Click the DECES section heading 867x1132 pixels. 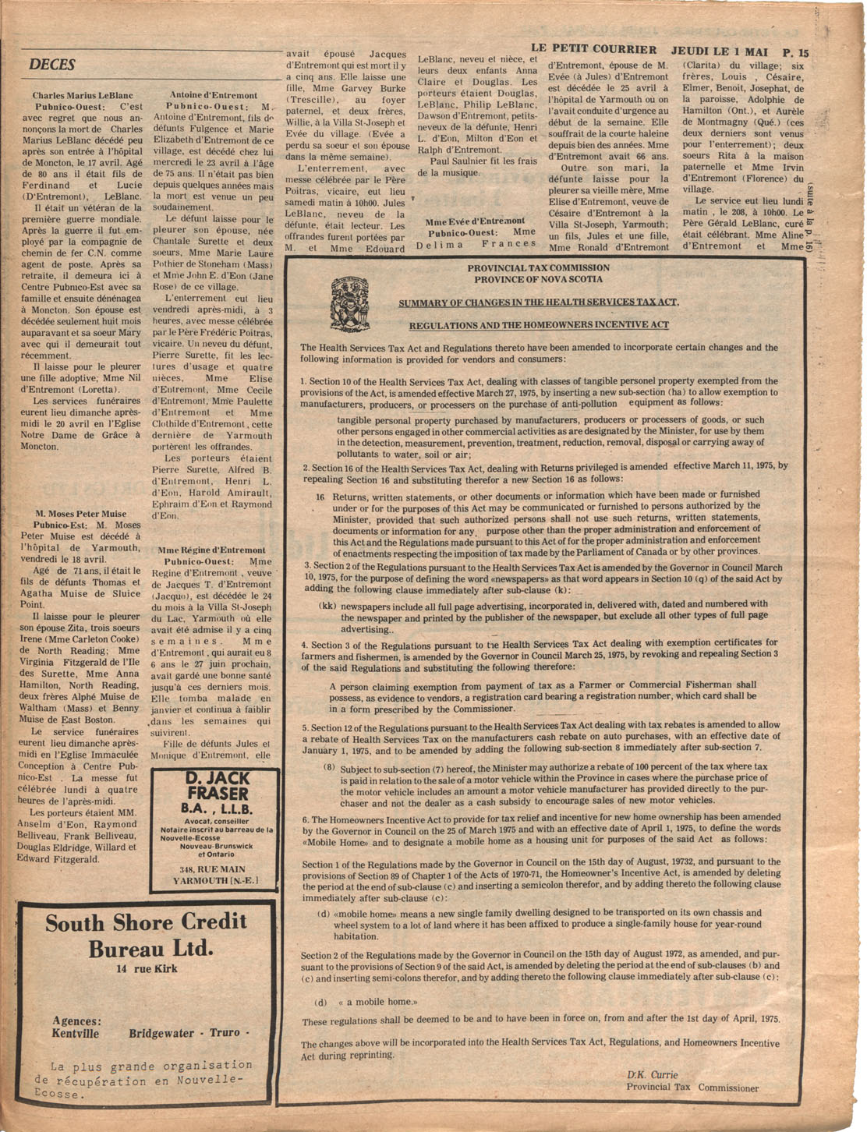[52, 65]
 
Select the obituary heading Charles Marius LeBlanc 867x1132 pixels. [83, 95]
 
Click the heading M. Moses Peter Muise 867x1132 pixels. [81, 514]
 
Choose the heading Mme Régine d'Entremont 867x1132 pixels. [211, 550]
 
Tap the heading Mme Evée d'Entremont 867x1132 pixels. [475, 221]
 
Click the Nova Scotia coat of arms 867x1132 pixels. [350, 303]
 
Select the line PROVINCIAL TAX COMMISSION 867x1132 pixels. [539, 267]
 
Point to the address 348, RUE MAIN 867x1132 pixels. [212, 869]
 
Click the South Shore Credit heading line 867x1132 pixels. [146, 922]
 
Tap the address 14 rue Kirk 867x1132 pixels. [147, 969]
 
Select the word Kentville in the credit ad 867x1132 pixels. [76, 1034]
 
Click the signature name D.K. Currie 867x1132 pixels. [653, 1074]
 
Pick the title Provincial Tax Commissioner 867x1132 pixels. [692, 1088]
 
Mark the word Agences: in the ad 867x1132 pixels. [76, 1021]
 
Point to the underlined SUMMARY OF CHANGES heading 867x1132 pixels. [539, 302]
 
